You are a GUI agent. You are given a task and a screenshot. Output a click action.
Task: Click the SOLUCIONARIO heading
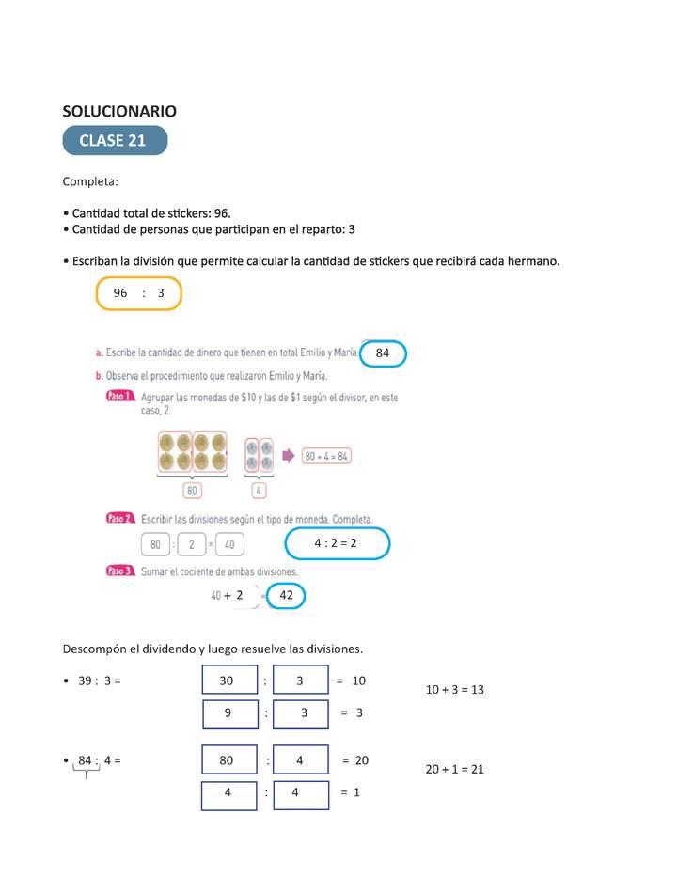[119, 111]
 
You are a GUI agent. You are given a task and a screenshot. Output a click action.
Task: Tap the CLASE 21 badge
[115, 141]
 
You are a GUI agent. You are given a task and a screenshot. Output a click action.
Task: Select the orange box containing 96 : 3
[138, 293]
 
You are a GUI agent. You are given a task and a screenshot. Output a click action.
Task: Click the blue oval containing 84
[383, 353]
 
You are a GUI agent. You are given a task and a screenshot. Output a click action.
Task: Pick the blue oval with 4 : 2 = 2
[336, 543]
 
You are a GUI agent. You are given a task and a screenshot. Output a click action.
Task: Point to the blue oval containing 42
[287, 595]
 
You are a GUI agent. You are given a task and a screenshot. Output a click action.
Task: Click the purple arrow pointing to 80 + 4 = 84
[288, 456]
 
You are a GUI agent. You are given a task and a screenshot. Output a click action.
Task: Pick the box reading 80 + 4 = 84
[327, 456]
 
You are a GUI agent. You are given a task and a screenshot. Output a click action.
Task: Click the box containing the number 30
[229, 680]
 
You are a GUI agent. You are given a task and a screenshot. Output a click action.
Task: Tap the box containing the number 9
[229, 713]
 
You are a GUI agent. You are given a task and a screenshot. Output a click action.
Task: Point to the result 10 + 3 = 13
[455, 689]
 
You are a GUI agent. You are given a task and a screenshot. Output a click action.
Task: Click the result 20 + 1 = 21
[455, 769]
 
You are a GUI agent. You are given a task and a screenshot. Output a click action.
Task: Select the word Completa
[90, 180]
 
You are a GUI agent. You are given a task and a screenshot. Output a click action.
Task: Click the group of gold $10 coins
[193, 452]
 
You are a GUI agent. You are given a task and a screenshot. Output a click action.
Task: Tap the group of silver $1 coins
[259, 455]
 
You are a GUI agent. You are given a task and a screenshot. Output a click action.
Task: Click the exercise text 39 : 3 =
[100, 680]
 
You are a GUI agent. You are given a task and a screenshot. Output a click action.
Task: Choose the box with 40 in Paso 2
[228, 544]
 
